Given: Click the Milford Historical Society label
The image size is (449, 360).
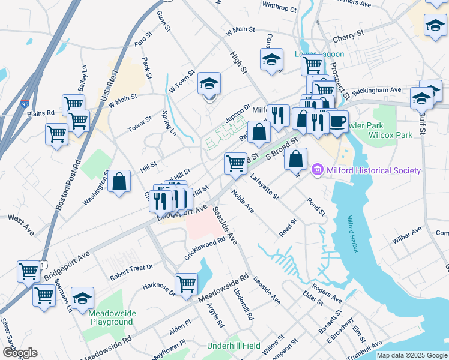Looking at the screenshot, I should pos(373,170).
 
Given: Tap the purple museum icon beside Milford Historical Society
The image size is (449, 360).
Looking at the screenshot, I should pos(318,171).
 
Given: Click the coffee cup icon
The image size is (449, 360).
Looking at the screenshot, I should pos(337,121).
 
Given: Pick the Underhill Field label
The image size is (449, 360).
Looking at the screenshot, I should pos(234,346).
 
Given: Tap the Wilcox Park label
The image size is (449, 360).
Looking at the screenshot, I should pos(390,135).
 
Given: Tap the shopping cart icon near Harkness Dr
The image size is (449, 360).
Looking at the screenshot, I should pos(187,282).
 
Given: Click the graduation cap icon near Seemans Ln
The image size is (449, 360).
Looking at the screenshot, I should pos(83,297).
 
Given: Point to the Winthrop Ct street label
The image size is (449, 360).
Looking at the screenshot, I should pos(279,8).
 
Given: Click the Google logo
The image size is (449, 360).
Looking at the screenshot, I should pos(19,353).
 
